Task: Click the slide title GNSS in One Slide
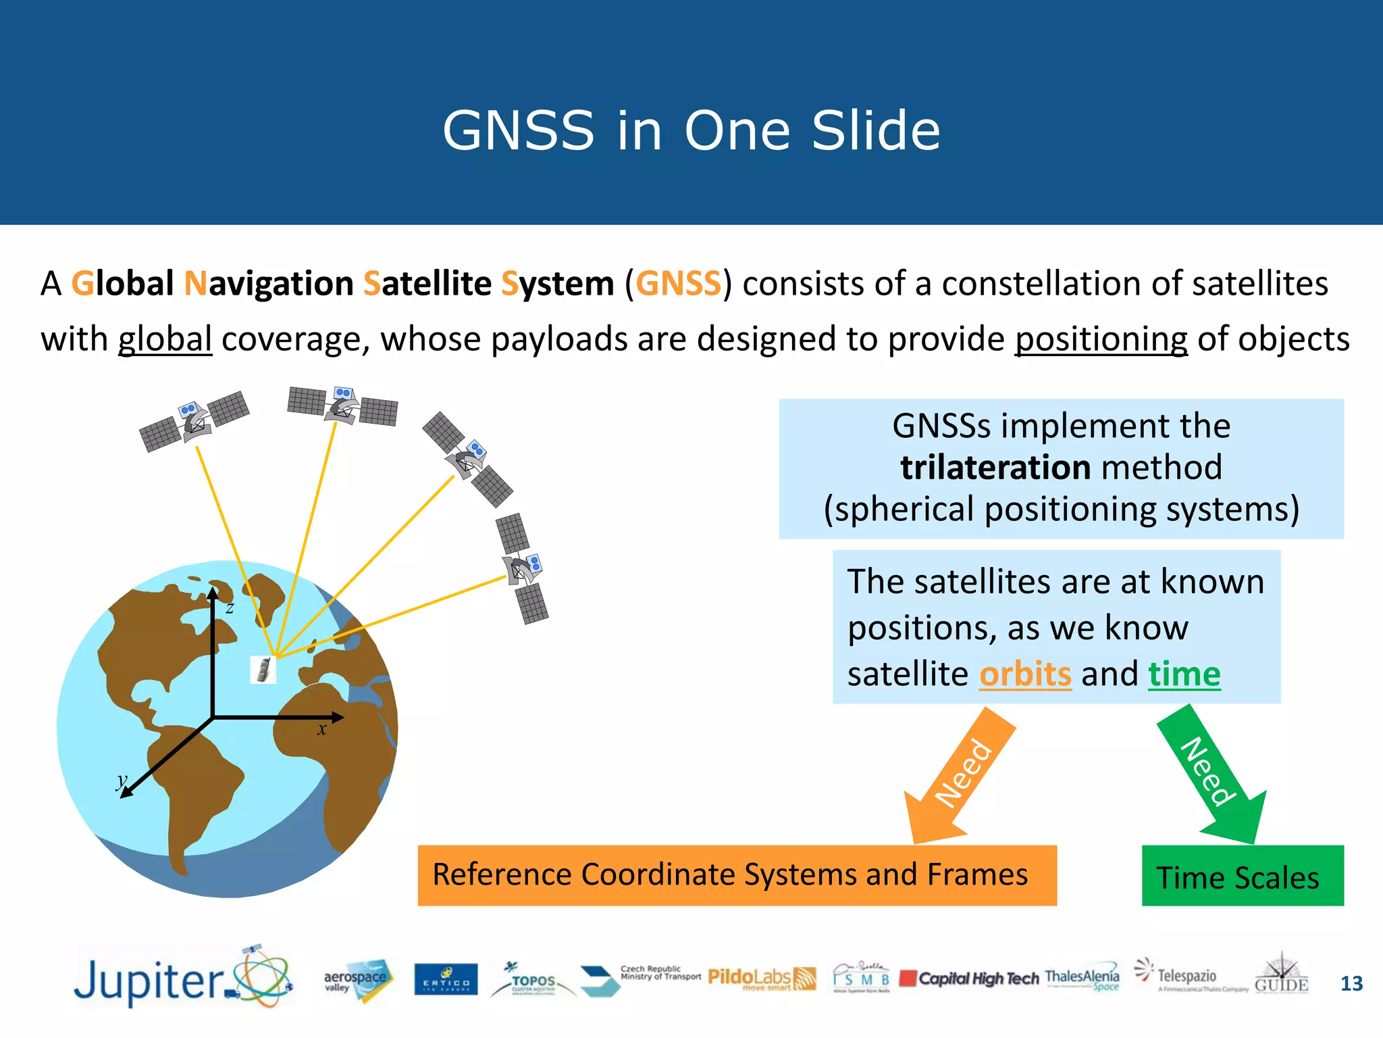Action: [x=691, y=130]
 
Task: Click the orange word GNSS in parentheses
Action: [x=678, y=283]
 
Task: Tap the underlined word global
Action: [x=165, y=339]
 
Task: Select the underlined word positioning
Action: [x=1101, y=339]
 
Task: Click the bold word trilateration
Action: [x=995, y=468]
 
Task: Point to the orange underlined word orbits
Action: [x=1024, y=674]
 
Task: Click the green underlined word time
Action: [x=1184, y=674]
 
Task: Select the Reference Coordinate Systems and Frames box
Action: [x=736, y=874]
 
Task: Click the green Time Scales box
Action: [x=1242, y=876]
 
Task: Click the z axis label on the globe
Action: [x=230, y=608]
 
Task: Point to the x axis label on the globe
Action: [x=322, y=729]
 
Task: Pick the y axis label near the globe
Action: [x=121, y=781]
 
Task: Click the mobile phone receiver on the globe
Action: [x=263, y=669]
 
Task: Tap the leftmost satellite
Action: [x=194, y=421]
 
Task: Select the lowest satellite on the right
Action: [x=523, y=568]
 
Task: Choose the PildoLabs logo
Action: [x=761, y=978]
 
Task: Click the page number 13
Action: [x=1351, y=983]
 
